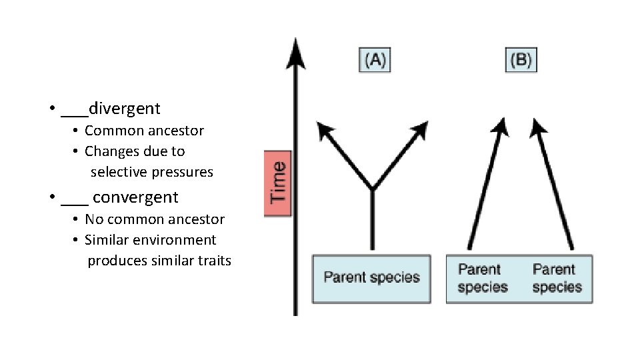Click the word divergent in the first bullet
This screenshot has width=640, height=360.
point(124,108)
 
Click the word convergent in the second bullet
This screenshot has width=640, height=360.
point(135,197)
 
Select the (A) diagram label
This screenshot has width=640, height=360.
point(374,61)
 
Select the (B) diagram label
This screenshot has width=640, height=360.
point(521,61)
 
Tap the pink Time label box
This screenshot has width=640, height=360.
point(278,183)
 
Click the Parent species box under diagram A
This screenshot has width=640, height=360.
point(371,277)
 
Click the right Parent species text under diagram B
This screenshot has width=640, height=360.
point(557,278)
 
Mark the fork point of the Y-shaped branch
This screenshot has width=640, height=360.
point(372,188)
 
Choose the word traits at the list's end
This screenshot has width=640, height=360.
point(214,261)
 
